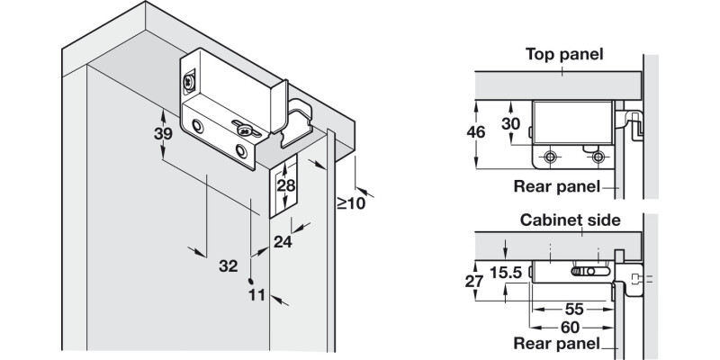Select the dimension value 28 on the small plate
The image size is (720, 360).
(x=285, y=186)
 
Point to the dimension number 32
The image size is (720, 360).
(x=229, y=265)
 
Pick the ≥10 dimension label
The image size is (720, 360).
(x=350, y=202)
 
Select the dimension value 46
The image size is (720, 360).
(x=477, y=132)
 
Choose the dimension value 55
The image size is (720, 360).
(x=572, y=308)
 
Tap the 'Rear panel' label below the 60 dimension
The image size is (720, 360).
(x=556, y=344)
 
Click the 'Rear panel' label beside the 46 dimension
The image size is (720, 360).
(x=556, y=187)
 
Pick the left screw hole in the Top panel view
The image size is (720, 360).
(x=549, y=157)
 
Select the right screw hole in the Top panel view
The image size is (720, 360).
(x=598, y=157)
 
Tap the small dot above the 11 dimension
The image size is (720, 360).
(x=254, y=280)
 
